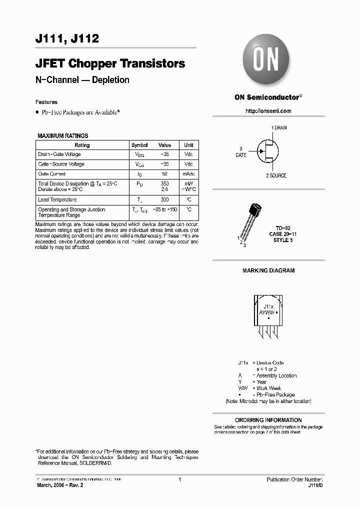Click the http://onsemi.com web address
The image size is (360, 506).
click(268, 111)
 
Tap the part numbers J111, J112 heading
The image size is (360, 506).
click(67, 38)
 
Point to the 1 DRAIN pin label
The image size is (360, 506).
click(279, 128)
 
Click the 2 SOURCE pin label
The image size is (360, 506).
click(276, 175)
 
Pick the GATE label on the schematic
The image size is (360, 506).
click(241, 155)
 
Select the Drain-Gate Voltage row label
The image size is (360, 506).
click(59, 154)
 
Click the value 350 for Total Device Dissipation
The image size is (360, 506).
click(164, 184)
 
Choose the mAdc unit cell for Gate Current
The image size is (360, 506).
click(188, 174)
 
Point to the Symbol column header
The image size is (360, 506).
click(139, 145)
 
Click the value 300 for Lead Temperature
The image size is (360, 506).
click(164, 199)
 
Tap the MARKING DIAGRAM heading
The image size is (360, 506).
click(268, 270)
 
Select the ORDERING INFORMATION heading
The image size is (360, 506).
click(268, 420)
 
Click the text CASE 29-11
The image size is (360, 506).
click(283, 234)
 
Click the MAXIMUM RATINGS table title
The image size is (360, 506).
click(63, 135)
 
